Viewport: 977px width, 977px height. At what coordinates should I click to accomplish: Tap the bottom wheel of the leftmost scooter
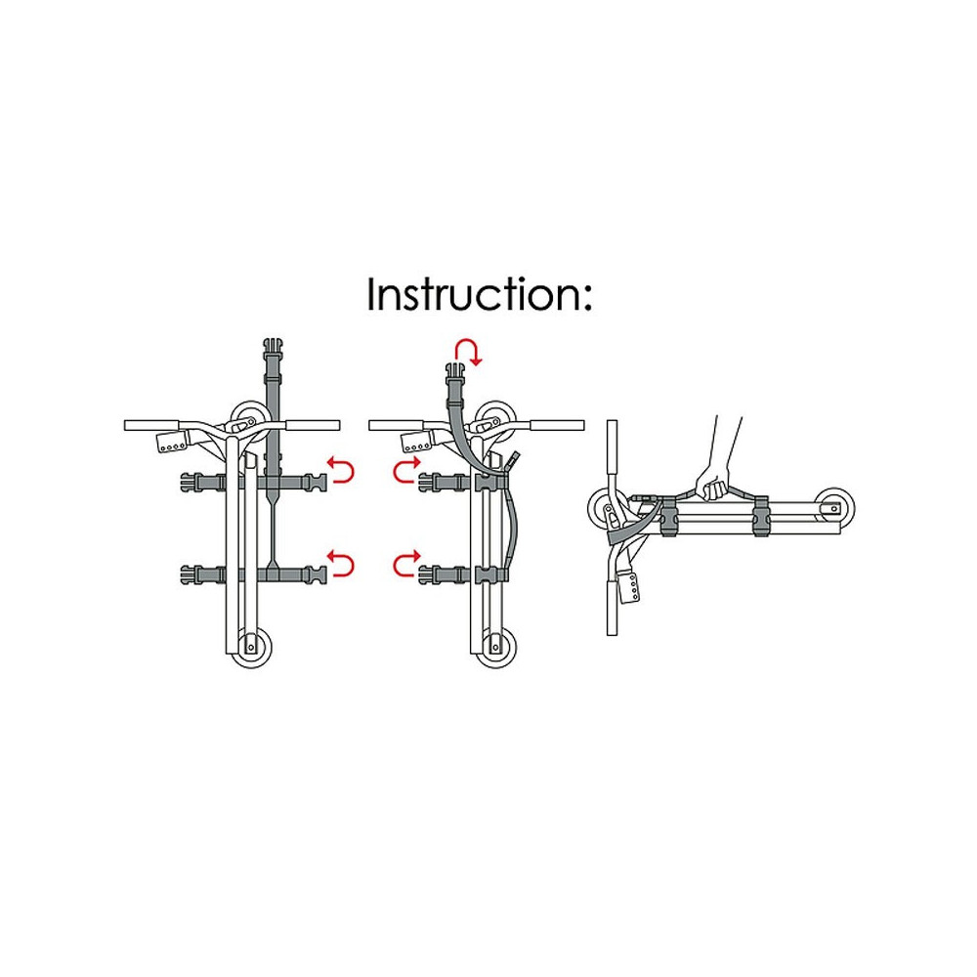(251, 649)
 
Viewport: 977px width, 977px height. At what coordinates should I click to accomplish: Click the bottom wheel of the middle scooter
(496, 649)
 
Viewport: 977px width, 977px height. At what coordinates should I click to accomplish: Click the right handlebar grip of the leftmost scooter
(314, 426)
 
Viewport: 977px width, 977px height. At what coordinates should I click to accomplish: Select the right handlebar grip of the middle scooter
(558, 426)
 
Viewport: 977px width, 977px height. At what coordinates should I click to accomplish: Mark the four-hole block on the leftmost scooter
(173, 443)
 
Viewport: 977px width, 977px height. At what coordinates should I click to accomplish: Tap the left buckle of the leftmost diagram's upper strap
(192, 482)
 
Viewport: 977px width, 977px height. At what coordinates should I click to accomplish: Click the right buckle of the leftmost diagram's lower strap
(317, 573)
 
